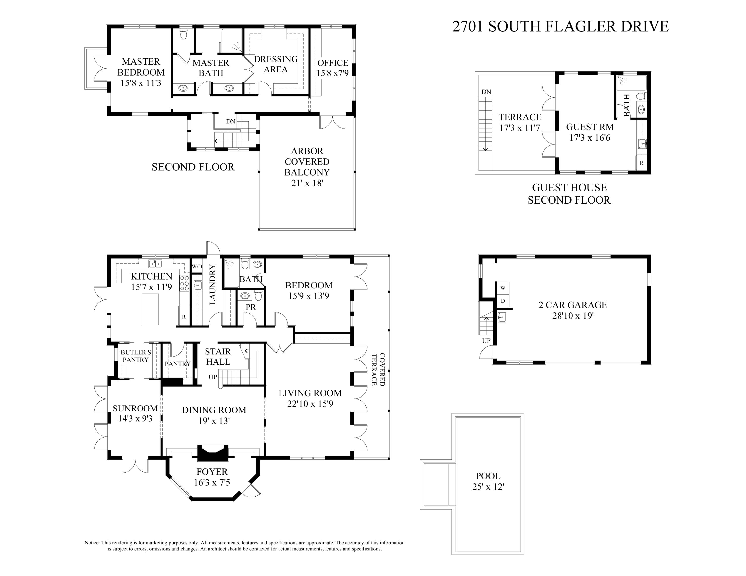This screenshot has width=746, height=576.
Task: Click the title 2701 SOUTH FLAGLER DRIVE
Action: tap(560, 27)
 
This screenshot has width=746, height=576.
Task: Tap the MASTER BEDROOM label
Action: tap(141, 67)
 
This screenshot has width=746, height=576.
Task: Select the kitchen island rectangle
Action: tap(150, 309)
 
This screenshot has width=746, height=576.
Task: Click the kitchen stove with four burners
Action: tap(185, 283)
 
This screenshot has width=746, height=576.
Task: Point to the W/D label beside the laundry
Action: tap(197, 266)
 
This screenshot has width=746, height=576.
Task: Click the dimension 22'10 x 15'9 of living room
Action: tap(310, 404)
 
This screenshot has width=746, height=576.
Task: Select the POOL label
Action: tap(488, 476)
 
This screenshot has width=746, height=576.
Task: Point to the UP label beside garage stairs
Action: tap(486, 340)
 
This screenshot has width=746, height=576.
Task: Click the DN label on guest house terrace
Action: tap(486, 92)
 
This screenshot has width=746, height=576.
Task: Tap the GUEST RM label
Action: tap(590, 127)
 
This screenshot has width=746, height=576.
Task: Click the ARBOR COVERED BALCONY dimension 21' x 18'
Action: tap(307, 183)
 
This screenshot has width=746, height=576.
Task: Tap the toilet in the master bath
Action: tap(184, 34)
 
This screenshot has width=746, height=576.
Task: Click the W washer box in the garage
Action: tap(503, 288)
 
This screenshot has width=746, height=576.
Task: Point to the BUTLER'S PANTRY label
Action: tap(136, 356)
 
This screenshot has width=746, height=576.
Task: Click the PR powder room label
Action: tap(251, 307)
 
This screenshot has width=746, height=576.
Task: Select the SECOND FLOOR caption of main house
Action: tap(193, 167)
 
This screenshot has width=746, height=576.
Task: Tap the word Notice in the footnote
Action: tap(92, 542)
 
